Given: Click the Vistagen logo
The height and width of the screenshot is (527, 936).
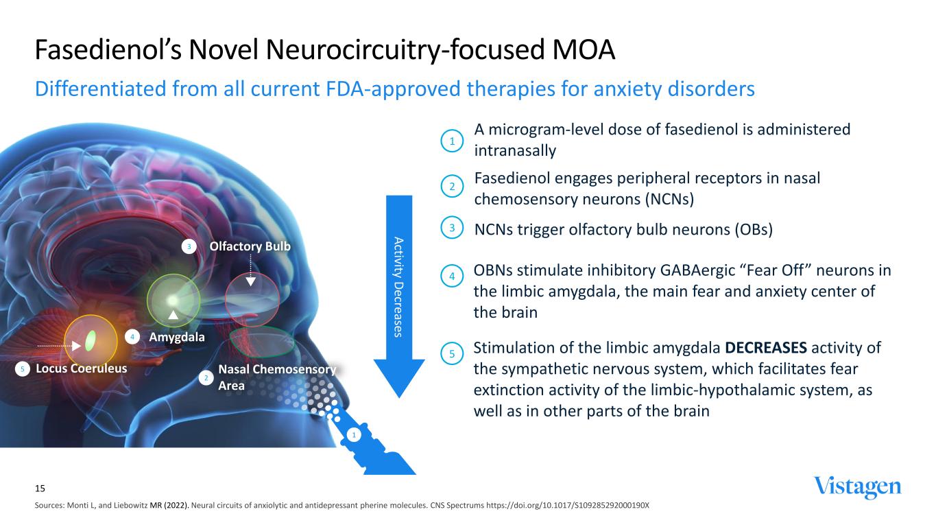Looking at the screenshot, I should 857,487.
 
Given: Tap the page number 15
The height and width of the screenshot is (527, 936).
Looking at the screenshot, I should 40,489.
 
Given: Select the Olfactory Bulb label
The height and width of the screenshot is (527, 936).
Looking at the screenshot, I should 250,246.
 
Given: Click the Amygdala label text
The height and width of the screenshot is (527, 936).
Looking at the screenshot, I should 177,337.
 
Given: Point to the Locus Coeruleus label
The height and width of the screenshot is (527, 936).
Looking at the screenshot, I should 81,368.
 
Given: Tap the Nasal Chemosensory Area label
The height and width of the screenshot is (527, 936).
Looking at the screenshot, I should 277,377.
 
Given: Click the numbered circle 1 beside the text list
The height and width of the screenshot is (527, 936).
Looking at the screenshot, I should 453,141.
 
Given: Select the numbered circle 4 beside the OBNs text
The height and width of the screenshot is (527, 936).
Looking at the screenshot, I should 453,277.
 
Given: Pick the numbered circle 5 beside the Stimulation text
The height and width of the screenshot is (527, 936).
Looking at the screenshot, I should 453,354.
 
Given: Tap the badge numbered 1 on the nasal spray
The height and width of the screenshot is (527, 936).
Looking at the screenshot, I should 354,435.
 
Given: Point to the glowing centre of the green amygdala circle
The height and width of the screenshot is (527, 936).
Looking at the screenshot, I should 173,301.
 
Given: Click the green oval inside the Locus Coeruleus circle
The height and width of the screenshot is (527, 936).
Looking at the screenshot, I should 91,339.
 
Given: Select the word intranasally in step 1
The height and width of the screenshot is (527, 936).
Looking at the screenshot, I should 514,150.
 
